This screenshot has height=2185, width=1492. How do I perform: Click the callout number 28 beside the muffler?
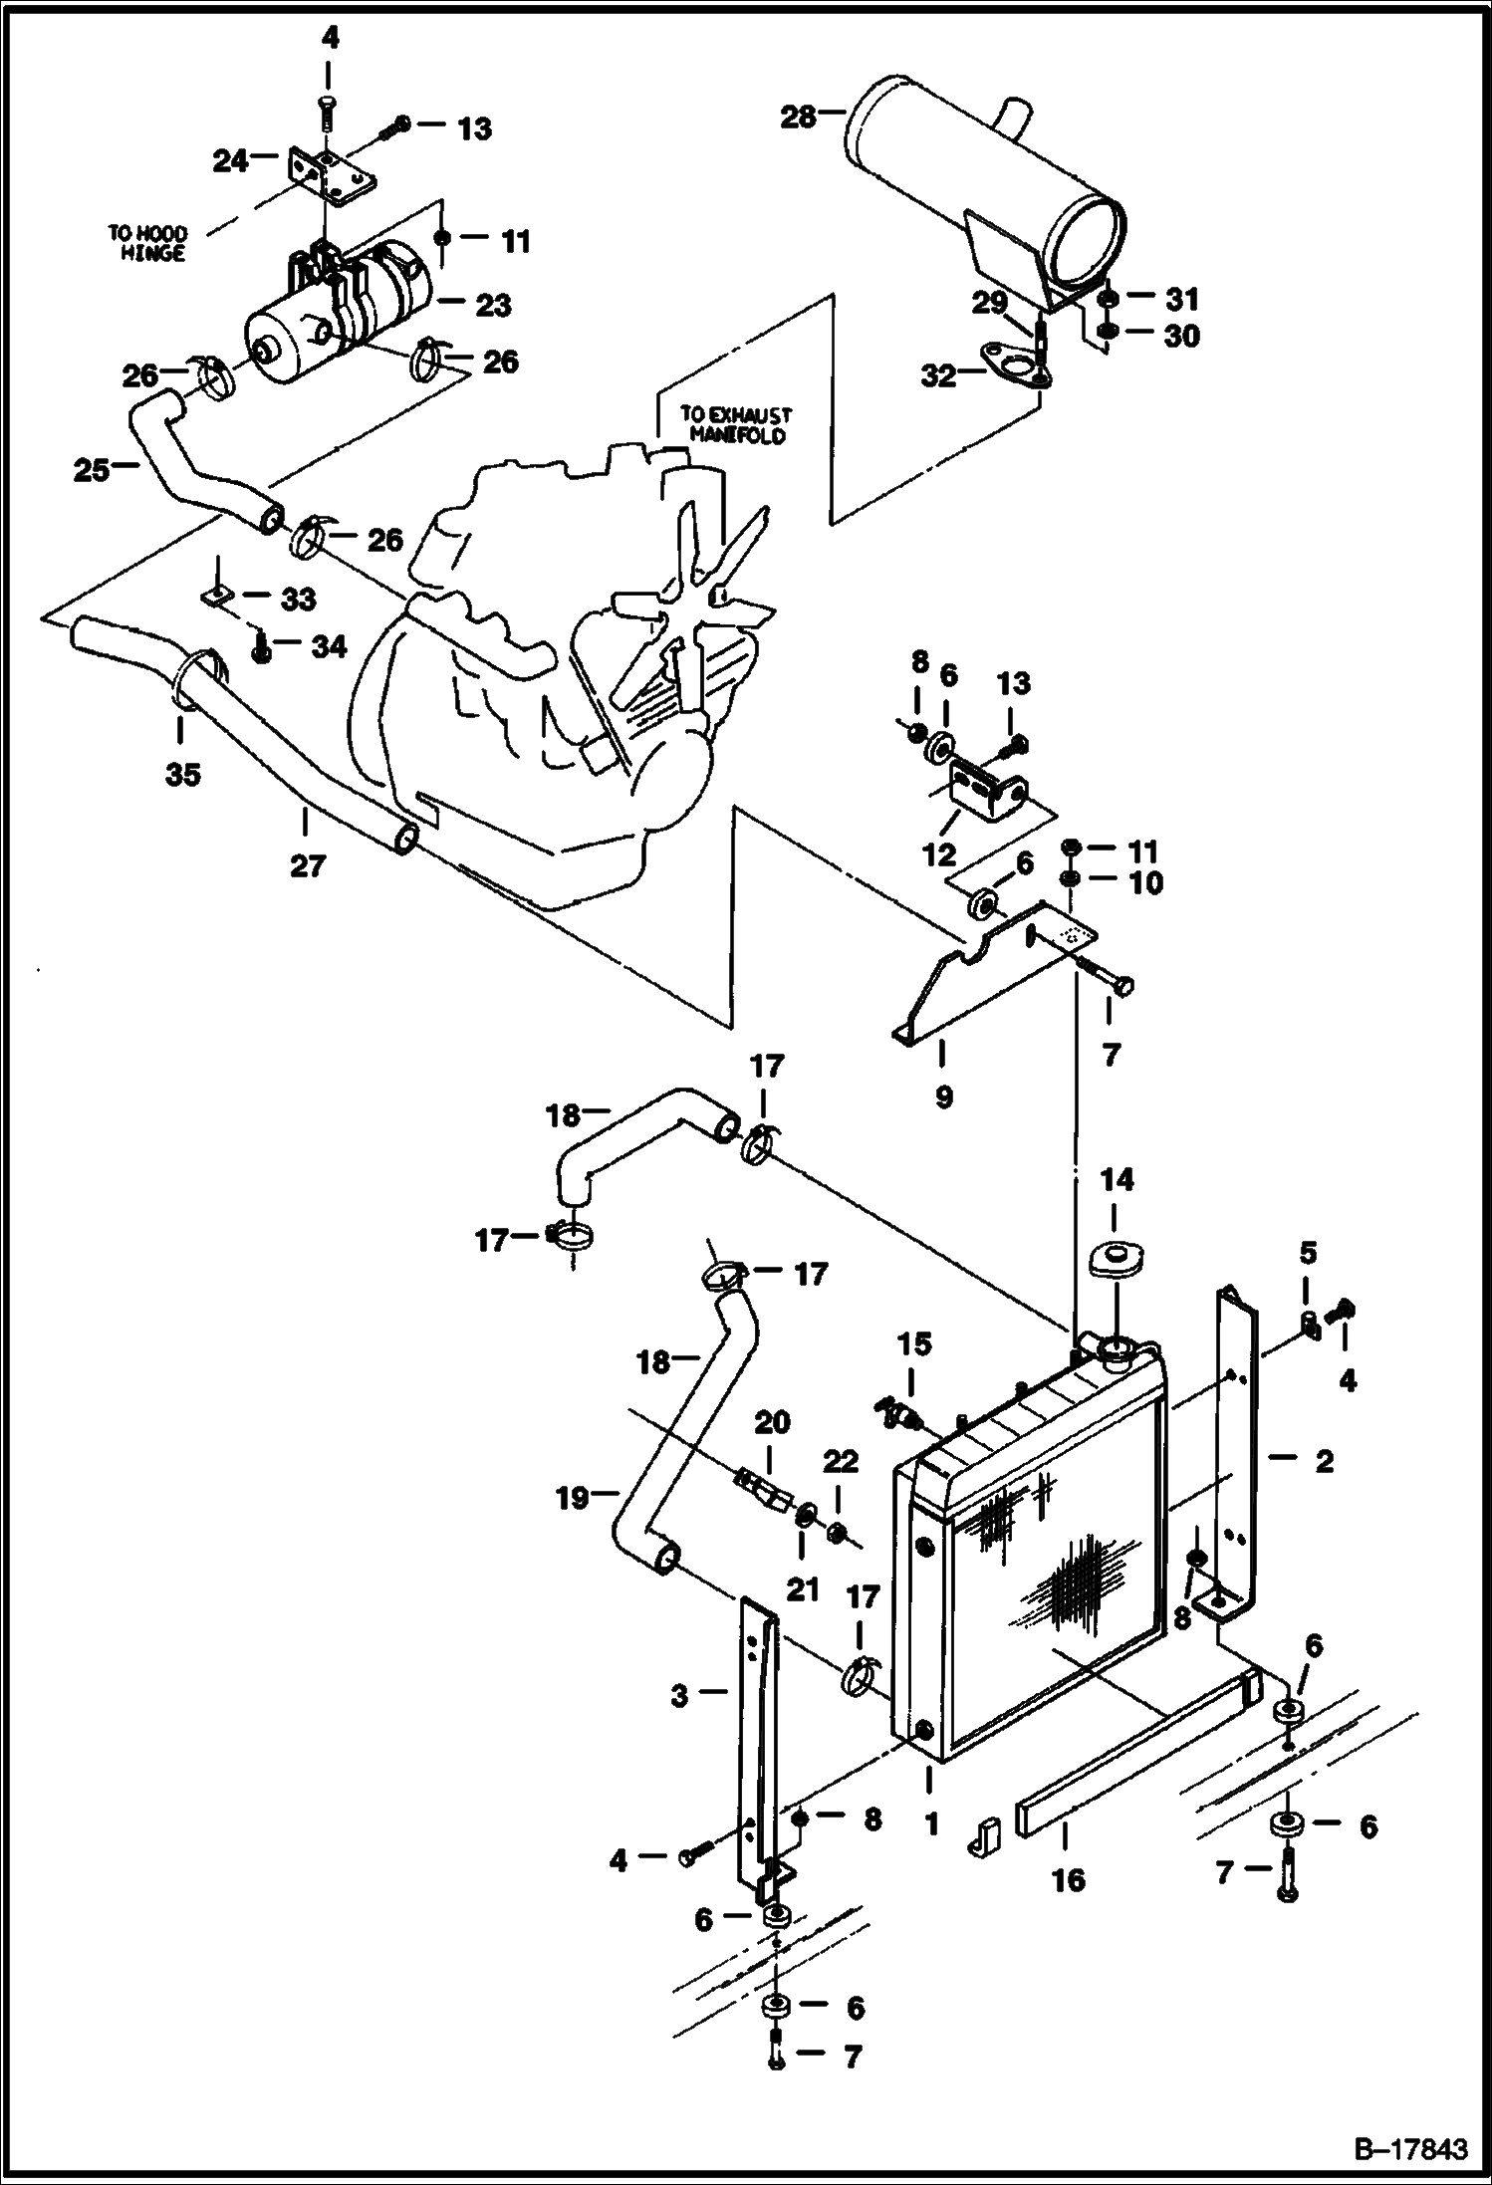coord(798,118)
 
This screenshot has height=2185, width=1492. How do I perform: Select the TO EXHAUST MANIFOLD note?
coord(735,425)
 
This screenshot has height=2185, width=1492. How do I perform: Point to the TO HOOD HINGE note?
coord(146,244)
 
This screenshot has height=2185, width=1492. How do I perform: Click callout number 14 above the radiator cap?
coord(1117,1180)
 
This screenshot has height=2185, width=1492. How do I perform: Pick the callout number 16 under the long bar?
coord(1069,1880)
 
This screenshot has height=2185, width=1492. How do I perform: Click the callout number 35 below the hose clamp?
coord(183,774)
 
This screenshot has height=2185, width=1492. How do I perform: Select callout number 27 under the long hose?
coord(308,866)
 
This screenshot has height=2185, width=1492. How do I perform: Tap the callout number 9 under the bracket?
coord(944,1097)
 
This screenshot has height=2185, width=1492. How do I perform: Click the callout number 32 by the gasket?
coord(938,375)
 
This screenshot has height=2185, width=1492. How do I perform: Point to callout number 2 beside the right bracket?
coord(1324,1461)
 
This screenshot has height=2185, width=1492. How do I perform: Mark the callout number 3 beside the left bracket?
coord(679,1695)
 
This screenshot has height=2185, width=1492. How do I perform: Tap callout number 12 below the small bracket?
coord(939,853)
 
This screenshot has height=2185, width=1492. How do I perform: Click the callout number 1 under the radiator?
coord(931,1824)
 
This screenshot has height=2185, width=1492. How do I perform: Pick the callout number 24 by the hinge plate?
coord(231,160)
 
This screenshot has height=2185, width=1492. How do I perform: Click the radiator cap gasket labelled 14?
coord(1116,1258)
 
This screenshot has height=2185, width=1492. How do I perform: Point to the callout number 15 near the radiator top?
coord(914,1344)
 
